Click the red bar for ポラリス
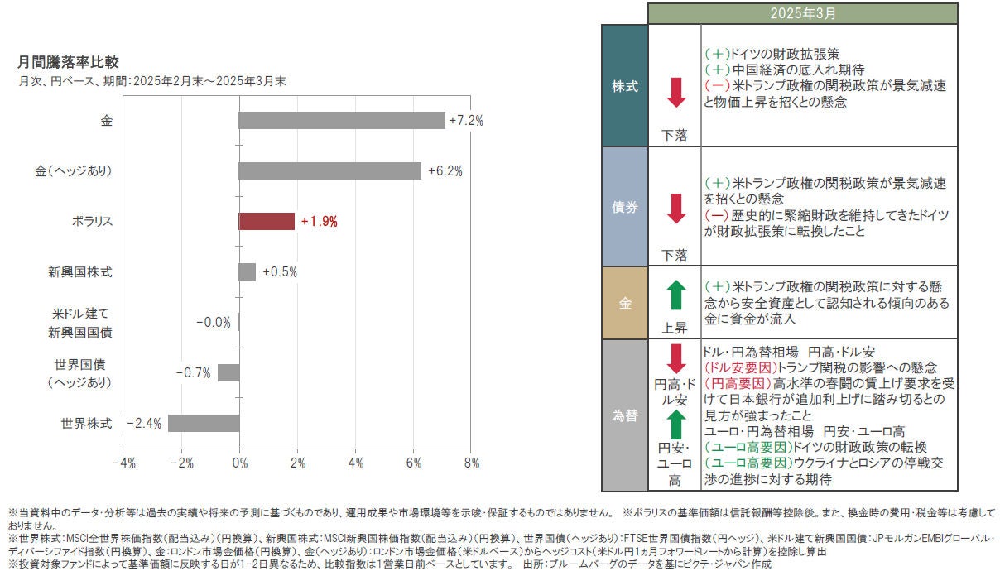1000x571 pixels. pos(267,222)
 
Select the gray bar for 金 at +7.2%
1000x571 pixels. pos(341,121)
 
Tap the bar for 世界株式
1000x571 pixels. pos(204,424)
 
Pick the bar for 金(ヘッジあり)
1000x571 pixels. pos(329,171)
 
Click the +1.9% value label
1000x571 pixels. pos(320,222)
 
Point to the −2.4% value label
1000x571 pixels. pos(144,424)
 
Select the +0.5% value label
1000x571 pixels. pos(280,272)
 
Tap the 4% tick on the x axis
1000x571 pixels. pos(356,463)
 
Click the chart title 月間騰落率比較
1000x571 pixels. pos(68,62)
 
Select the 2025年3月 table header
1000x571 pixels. pos(802,13)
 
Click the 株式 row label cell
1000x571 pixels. pos(624,86)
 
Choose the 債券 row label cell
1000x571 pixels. pos(624,207)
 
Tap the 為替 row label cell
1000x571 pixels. pos(624,415)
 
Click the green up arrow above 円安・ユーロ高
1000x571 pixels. pos(676,425)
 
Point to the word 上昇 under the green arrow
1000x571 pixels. pos(675,328)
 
